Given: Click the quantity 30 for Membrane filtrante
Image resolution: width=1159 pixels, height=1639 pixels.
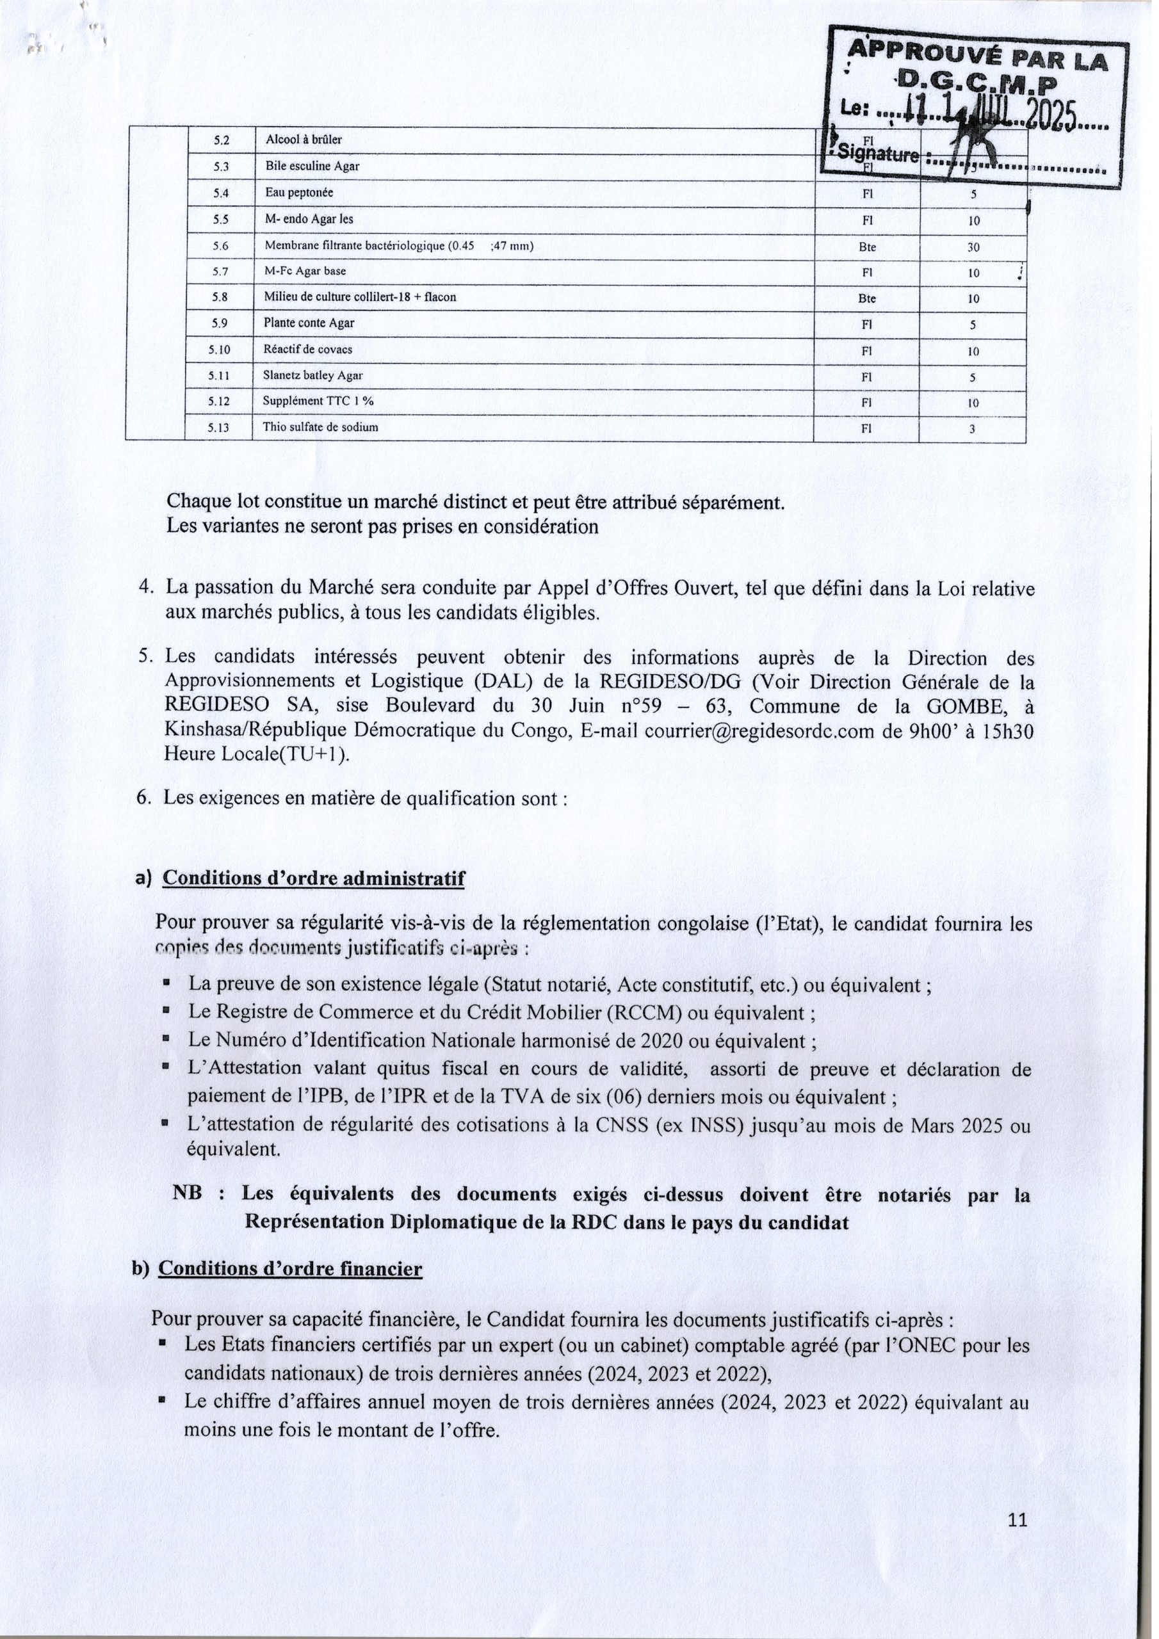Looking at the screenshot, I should [973, 248].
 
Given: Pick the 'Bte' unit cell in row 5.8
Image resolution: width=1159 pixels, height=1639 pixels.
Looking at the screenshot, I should [867, 299].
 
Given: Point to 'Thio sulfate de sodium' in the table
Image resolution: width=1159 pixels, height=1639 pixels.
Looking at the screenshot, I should [321, 428].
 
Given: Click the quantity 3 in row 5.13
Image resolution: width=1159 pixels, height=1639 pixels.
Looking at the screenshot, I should [972, 429].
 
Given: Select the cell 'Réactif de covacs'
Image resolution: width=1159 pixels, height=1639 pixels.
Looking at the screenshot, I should [308, 350].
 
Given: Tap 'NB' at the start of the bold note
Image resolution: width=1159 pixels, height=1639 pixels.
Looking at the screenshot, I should [188, 1193].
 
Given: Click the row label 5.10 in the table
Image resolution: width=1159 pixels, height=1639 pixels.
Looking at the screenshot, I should [219, 350].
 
